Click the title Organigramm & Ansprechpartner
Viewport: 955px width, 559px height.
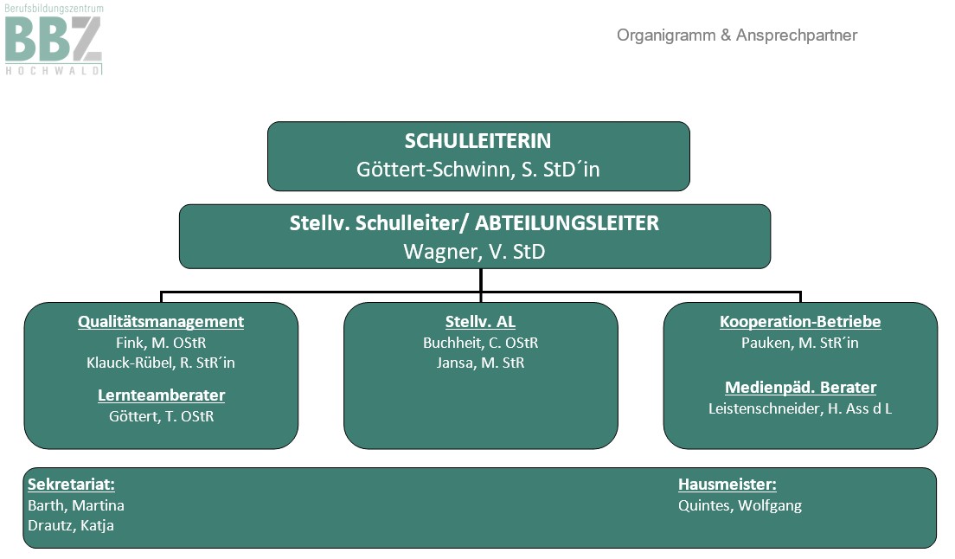point(736,35)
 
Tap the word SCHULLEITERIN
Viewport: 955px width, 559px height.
point(477,141)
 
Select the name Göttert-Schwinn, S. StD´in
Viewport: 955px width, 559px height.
point(478,170)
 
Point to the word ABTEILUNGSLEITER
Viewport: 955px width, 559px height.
point(567,223)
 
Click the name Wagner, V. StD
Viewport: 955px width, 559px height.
point(474,252)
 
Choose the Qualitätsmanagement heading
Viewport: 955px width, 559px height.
point(161,322)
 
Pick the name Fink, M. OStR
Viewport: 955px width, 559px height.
point(161,343)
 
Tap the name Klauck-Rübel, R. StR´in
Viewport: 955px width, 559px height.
point(161,363)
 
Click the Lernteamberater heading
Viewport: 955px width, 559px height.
point(162,395)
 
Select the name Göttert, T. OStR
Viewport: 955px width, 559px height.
point(162,416)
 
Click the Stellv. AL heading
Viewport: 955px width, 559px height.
point(480,322)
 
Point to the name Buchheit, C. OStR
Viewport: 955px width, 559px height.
point(481,343)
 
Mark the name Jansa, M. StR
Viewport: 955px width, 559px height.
point(481,363)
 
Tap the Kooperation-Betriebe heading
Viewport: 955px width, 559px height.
point(800,322)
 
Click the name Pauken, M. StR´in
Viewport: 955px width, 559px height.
point(799,343)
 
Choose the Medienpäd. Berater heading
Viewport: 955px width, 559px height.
point(800,388)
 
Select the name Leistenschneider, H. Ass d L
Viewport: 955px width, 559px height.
point(799,408)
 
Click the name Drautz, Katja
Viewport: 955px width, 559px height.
point(71,525)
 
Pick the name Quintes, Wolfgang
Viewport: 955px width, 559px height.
point(740,505)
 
